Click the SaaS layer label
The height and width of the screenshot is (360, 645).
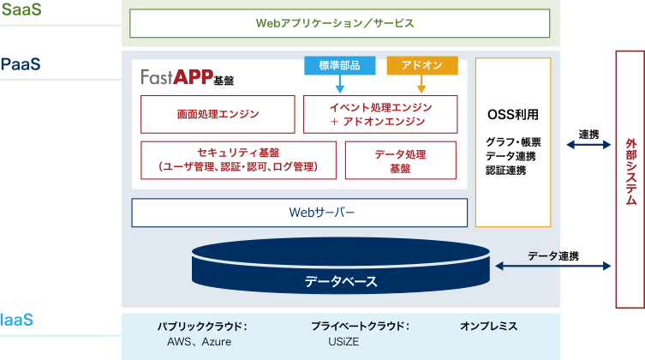[21, 11]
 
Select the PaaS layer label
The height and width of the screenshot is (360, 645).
[21, 64]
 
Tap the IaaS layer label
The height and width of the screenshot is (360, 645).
[19, 320]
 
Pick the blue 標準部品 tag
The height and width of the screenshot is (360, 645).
[338, 66]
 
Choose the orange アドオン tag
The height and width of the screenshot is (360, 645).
[421, 66]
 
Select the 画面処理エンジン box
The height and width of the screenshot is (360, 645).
[218, 114]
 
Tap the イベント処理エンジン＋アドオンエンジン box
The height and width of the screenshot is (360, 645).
[381, 115]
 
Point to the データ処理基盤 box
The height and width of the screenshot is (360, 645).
[400, 160]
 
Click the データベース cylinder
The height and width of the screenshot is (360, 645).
[341, 273]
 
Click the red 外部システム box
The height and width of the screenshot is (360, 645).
[630, 178]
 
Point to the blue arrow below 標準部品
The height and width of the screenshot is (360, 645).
[339, 84]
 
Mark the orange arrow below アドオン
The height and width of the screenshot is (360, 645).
[421, 84]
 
